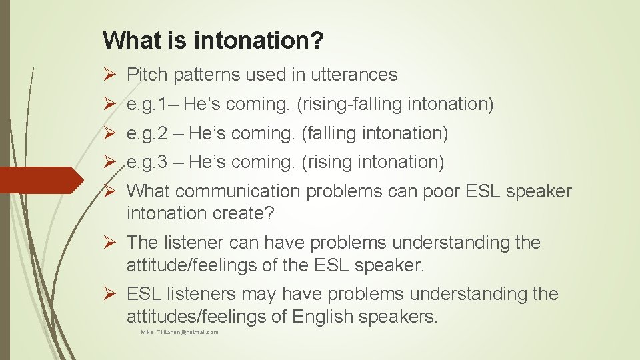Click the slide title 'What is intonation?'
(213, 41)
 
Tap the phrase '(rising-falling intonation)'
(395, 104)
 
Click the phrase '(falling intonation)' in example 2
(375, 133)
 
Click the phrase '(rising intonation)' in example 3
(373, 162)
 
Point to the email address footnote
(179, 332)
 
